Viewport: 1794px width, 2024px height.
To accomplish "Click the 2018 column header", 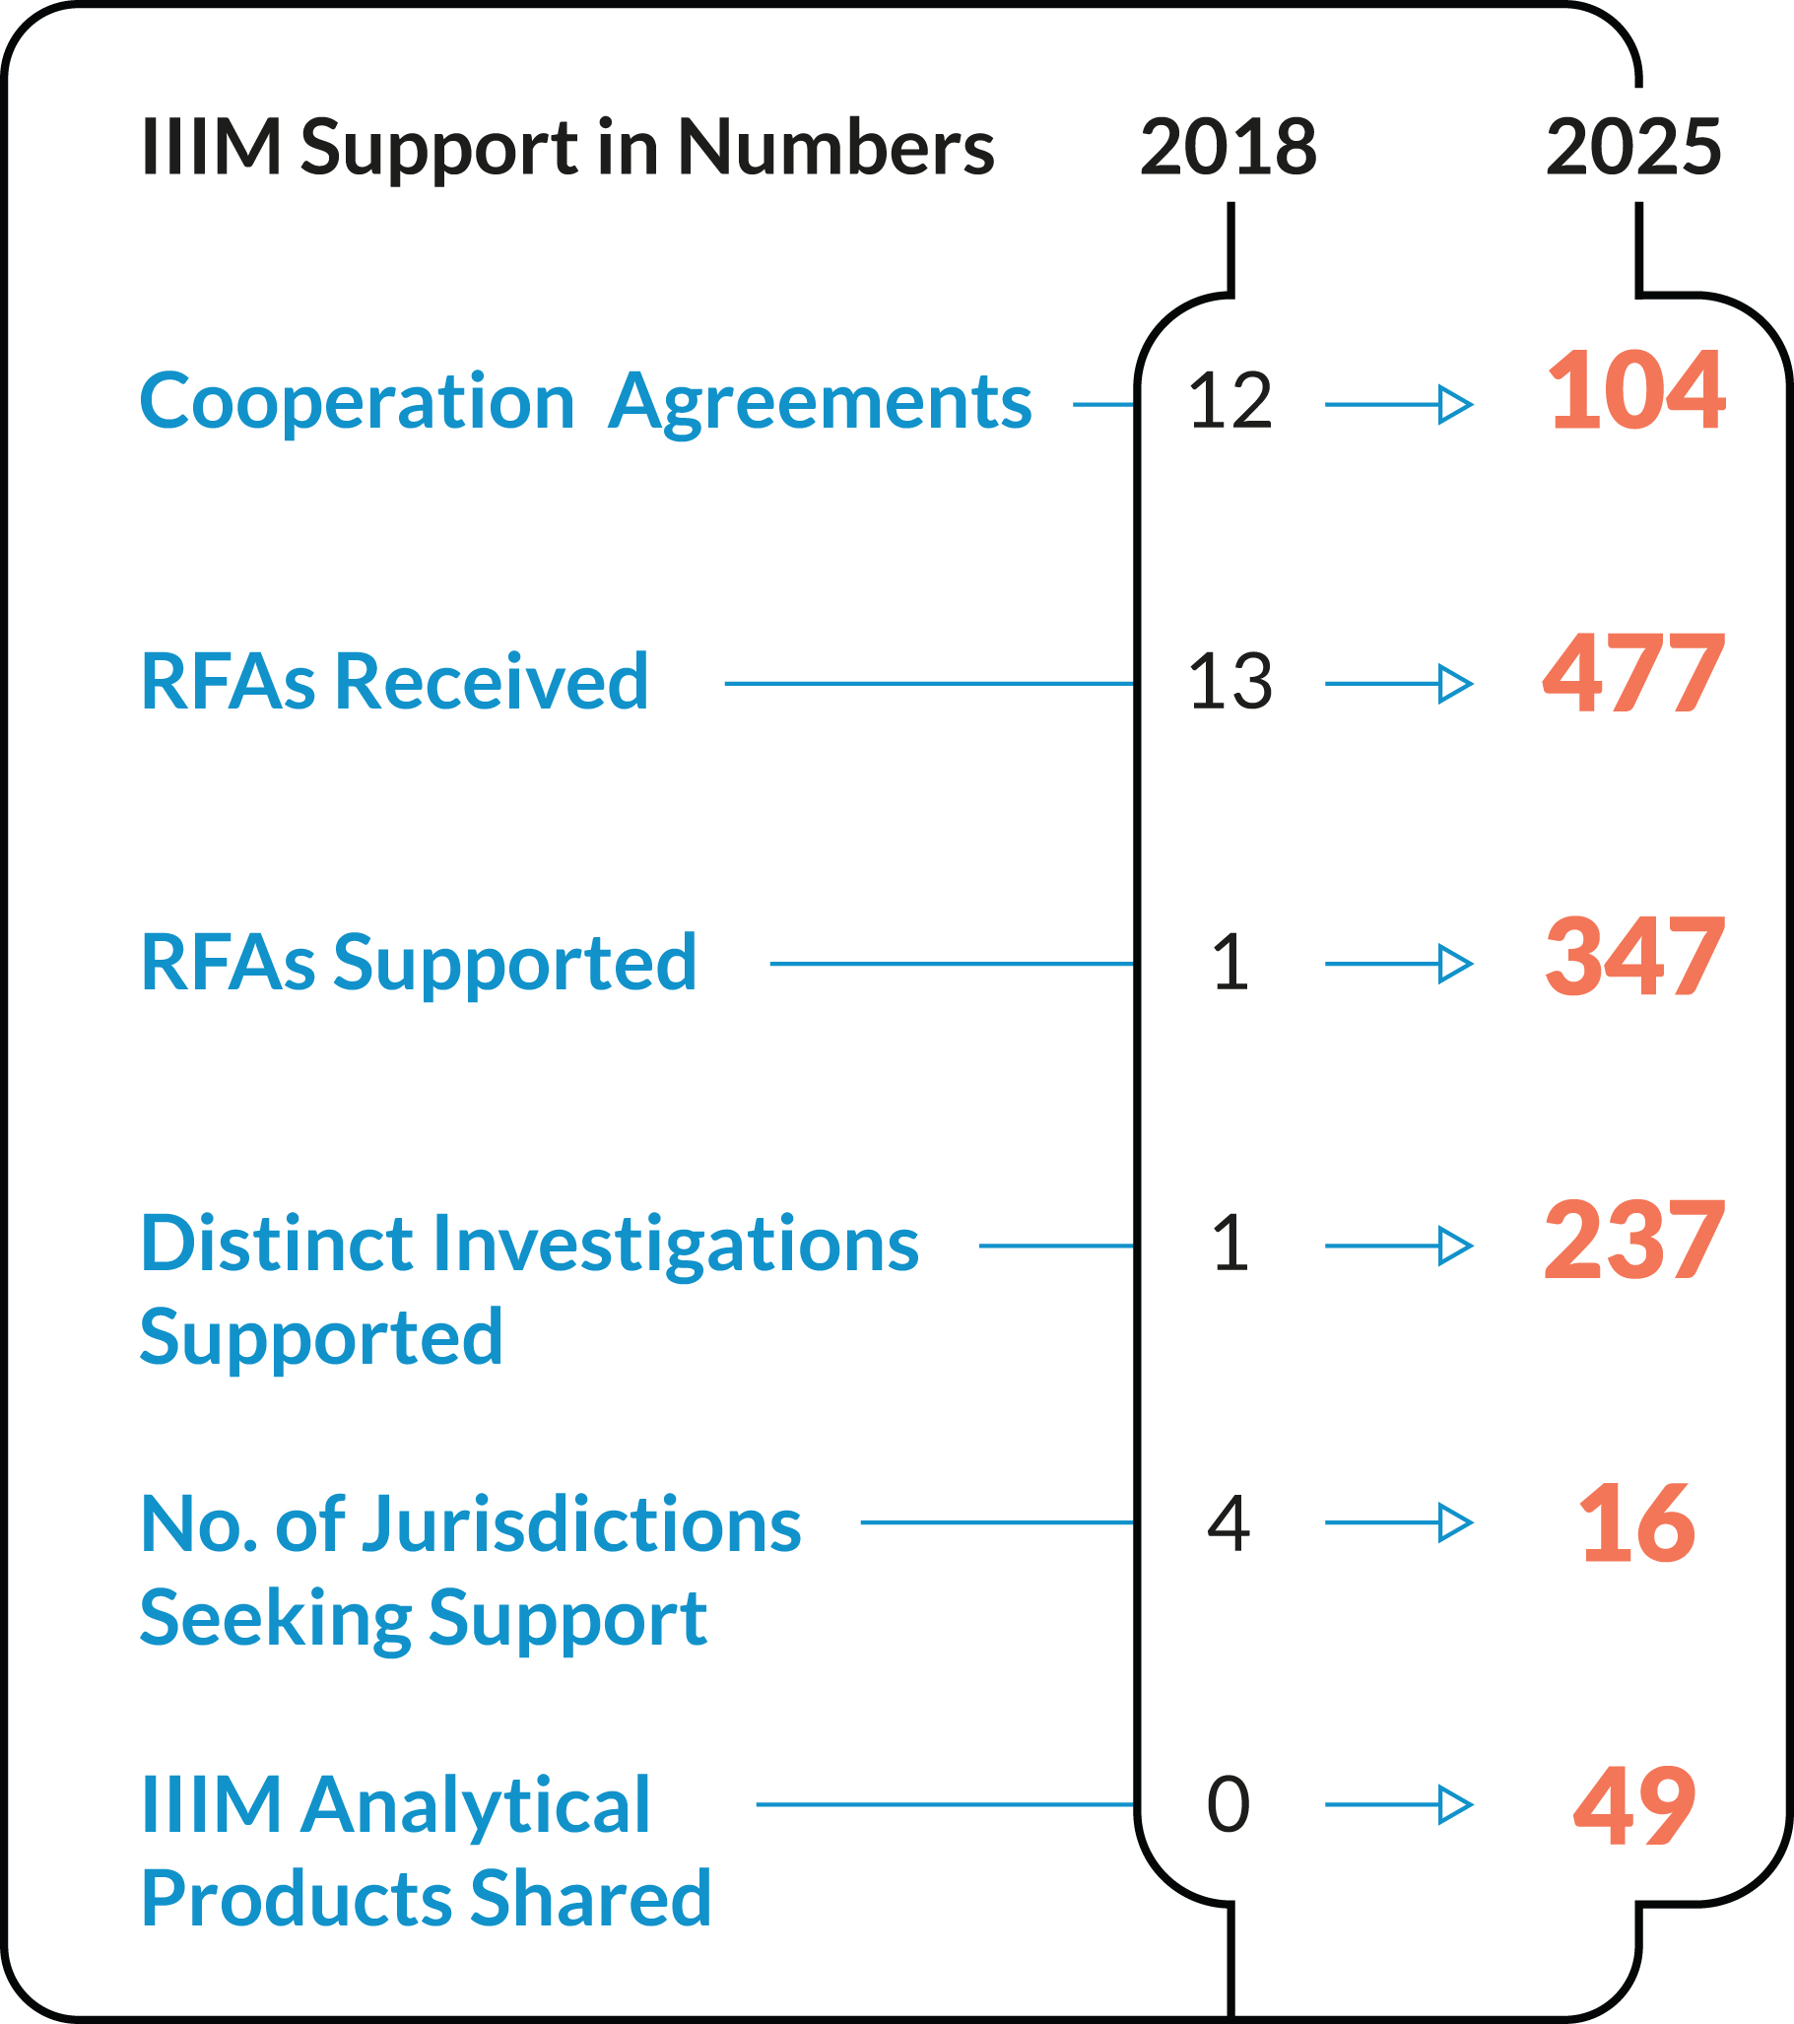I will point(1228,147).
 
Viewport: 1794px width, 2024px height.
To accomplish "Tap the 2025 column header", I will point(1633,147).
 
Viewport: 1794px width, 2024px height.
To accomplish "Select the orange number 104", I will point(1636,391).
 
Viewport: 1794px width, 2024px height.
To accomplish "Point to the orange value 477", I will point(1634,674).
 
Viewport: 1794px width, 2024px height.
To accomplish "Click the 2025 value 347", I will point(1634,957).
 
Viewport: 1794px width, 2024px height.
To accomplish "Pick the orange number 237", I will point(1634,1240).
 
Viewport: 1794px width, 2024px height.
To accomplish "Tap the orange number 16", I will point(1636,1523).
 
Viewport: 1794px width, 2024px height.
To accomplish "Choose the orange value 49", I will point(1634,1805).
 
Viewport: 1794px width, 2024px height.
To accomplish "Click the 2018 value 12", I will point(1229,401).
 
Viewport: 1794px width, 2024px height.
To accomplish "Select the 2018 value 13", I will point(1229,682).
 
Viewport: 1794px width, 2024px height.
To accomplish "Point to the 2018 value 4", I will point(1229,1524).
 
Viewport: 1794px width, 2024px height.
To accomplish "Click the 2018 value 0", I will point(1229,1804).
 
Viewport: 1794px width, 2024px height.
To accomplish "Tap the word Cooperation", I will point(358,403).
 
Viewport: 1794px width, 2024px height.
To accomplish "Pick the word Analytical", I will point(475,1805).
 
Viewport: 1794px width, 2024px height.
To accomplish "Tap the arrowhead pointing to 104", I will point(1454,404).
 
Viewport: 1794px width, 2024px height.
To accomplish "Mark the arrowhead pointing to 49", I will point(1454,1804).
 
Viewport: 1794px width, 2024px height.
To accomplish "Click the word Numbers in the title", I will point(835,147).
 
